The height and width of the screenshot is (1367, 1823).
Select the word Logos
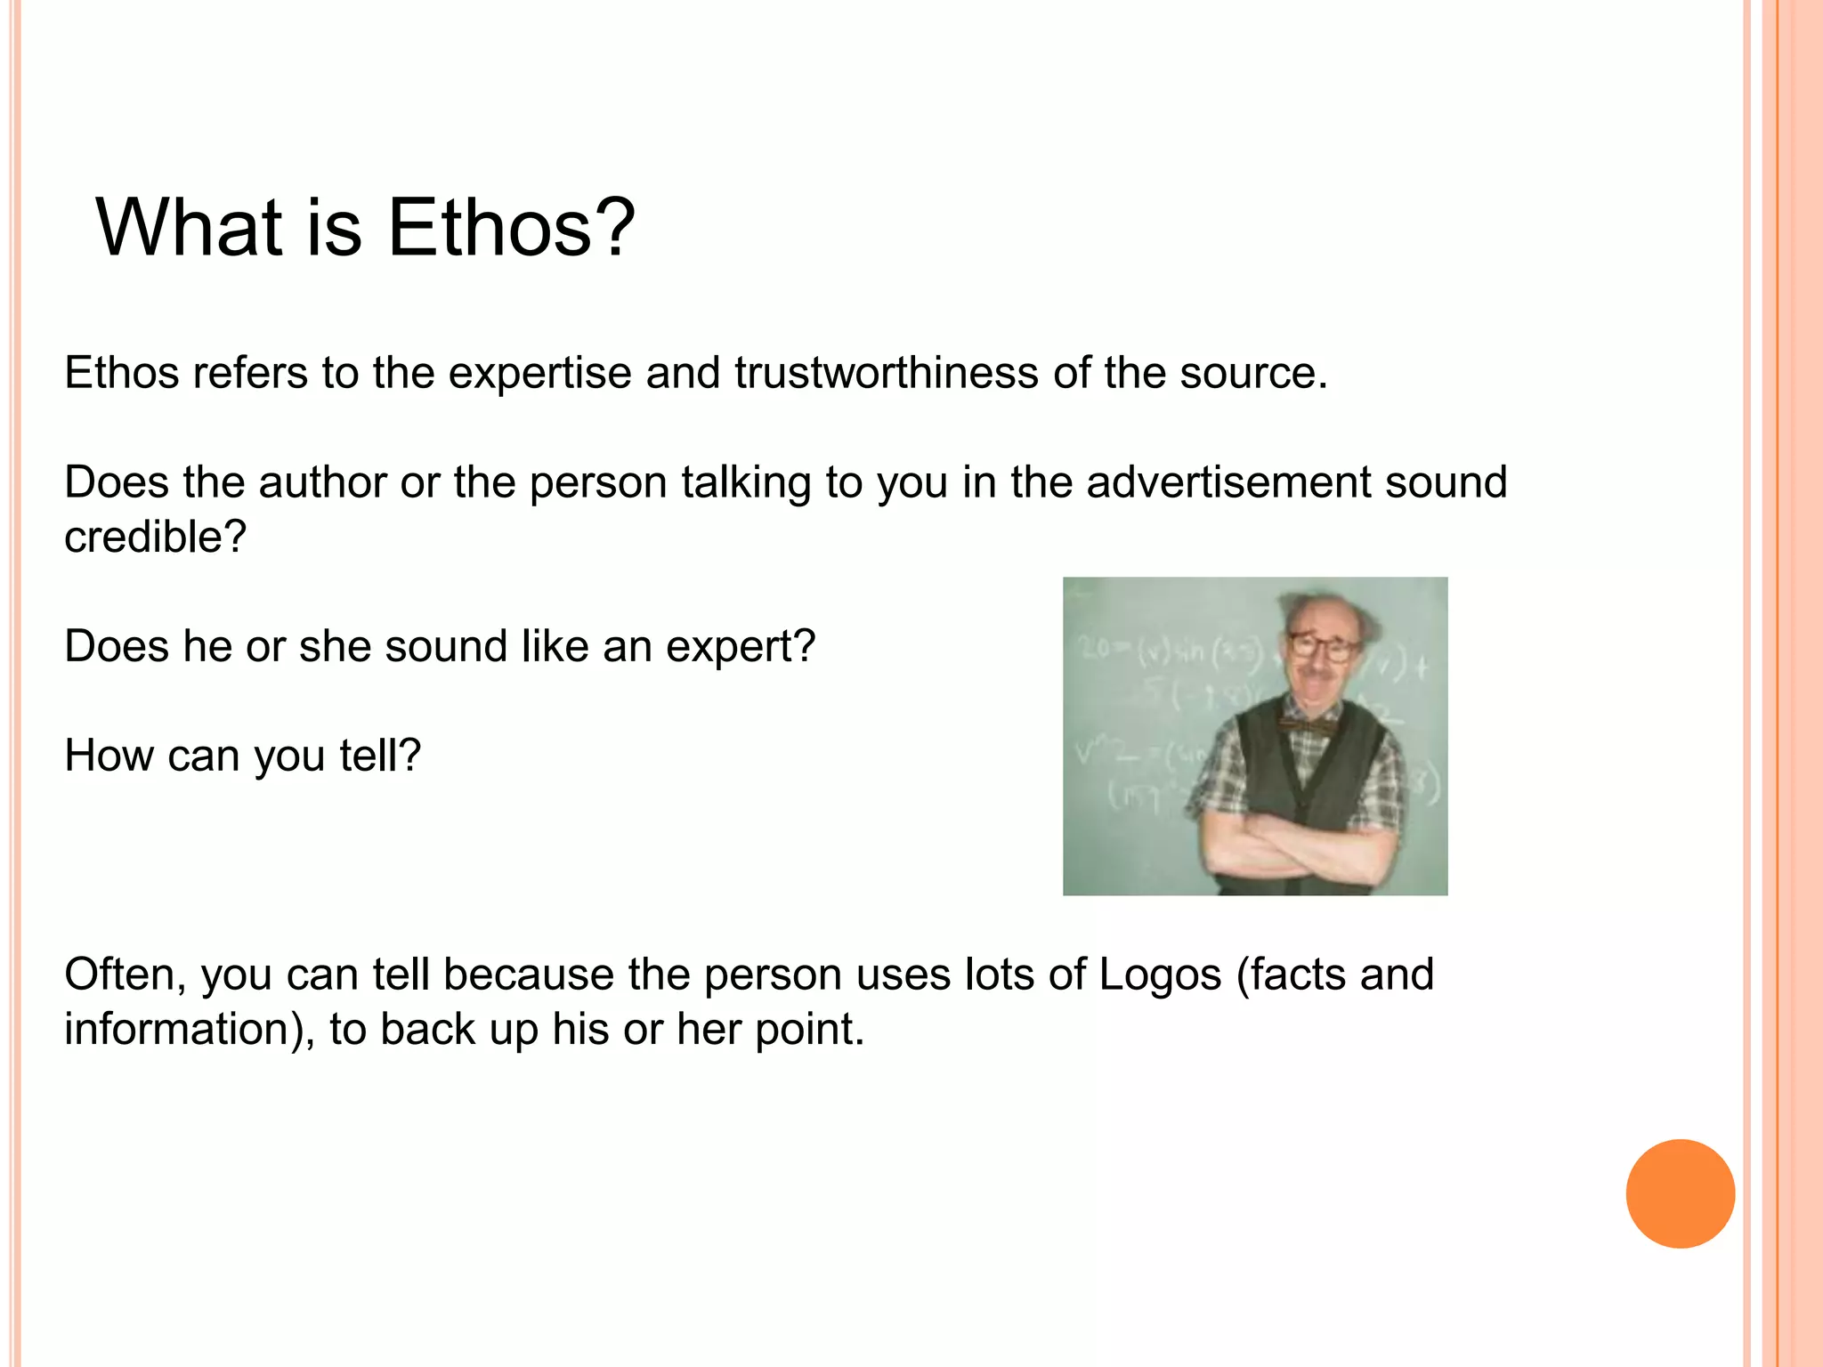(1160, 975)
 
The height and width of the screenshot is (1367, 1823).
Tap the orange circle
(1680, 1193)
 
